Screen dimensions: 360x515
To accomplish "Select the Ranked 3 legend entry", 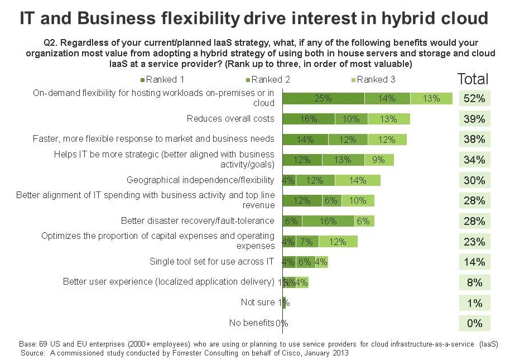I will coord(372,79).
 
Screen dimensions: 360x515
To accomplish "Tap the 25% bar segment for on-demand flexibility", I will coord(323,99).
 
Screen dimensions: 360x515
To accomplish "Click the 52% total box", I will coord(474,99).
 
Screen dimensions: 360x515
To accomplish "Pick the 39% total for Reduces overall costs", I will coord(474,119).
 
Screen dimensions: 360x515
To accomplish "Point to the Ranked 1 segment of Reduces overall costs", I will coord(309,119).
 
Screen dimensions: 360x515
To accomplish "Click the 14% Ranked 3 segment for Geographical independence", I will coord(358,180).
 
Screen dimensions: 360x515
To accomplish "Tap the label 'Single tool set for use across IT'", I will coord(212,261).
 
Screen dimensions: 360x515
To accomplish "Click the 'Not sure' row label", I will coord(258,302).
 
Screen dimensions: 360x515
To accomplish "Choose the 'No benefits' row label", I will coord(252,323).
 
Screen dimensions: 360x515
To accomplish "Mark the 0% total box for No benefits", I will coord(474,323).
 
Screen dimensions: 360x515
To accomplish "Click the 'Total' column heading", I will coord(473,79).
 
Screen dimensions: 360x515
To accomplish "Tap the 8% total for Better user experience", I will coord(474,282).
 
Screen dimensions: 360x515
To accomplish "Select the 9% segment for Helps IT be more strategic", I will coord(379,160).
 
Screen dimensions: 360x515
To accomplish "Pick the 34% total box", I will coord(474,160).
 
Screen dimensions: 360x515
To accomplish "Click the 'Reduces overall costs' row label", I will coord(230,118).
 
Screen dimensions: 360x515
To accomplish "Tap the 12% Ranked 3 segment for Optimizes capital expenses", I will coord(338,242).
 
